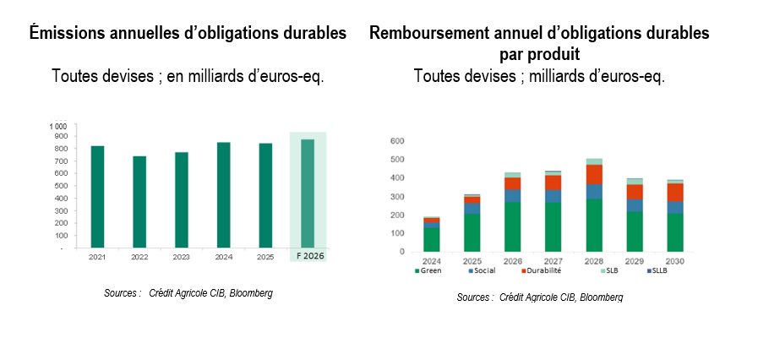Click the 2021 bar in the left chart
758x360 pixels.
98,197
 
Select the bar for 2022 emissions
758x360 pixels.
139,202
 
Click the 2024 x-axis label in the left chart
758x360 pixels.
223,255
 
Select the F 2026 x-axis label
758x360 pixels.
308,255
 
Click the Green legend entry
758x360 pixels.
430,270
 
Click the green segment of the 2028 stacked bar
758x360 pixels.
595,225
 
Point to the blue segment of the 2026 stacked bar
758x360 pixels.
513,196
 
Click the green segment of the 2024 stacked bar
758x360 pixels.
432,239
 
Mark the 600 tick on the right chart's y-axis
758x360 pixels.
396,141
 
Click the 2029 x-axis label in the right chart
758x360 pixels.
635,260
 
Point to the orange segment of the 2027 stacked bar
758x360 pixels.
554,183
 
